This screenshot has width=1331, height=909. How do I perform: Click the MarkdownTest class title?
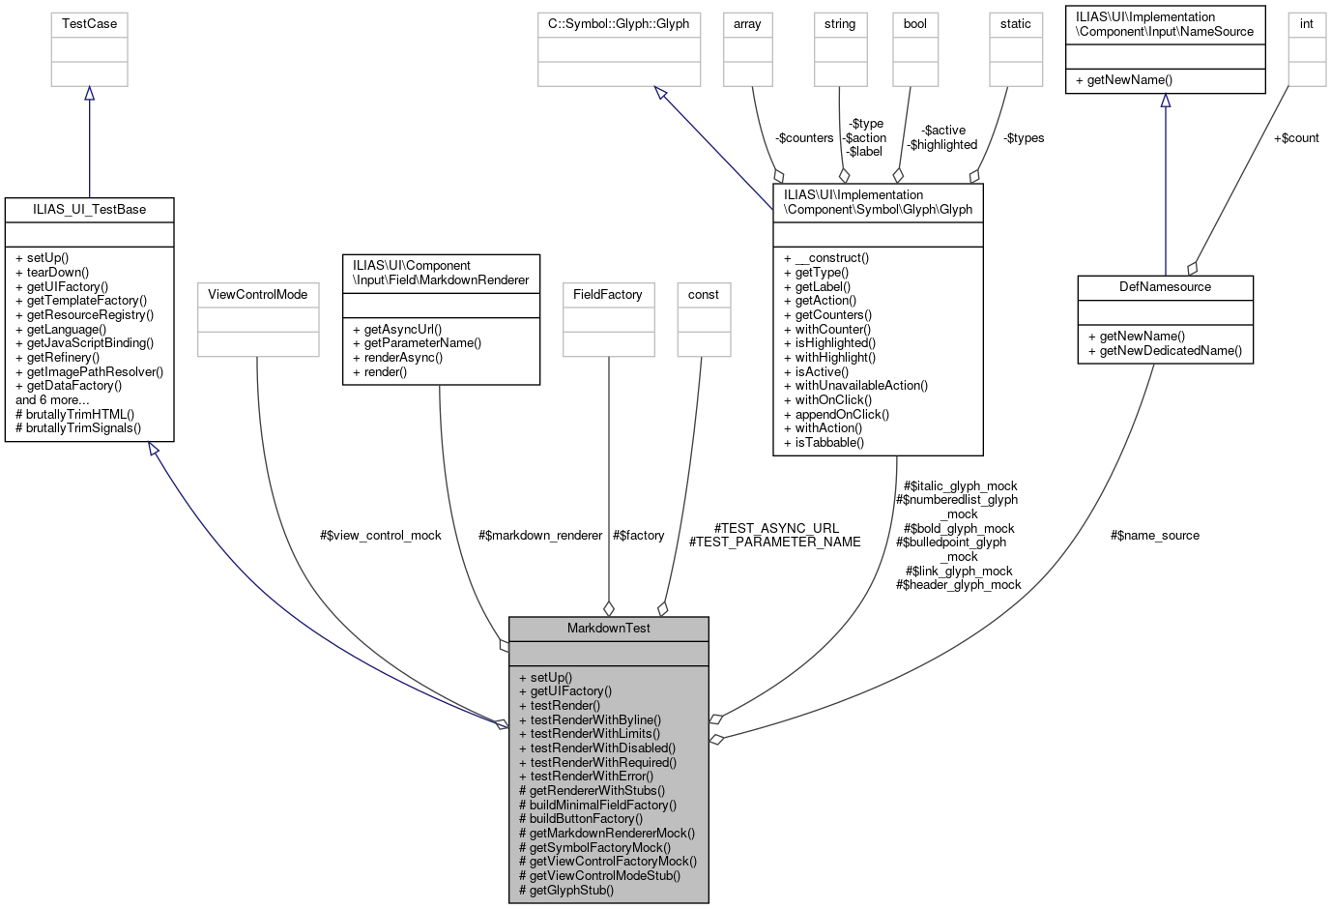coord(608,629)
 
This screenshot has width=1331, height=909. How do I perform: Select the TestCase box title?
coord(89,24)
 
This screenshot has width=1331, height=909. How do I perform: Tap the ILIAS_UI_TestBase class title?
coord(89,210)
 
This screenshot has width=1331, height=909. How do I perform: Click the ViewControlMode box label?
coord(257,295)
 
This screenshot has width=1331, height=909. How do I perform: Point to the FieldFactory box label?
coord(607,295)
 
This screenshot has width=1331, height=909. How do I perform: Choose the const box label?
coord(703,295)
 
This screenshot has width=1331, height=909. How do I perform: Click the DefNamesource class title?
coord(1165,287)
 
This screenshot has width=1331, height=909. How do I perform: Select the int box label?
coord(1306,24)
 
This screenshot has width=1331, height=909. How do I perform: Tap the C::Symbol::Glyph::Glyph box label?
coord(619,24)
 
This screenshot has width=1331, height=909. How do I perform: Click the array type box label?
coord(747,24)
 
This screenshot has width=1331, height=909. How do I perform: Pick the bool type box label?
coord(914,24)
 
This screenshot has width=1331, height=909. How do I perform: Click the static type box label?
coord(1015,24)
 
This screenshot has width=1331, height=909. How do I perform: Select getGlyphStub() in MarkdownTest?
coord(571,890)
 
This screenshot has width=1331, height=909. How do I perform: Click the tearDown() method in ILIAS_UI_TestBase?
coord(56,273)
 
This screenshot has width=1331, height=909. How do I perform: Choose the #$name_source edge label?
coord(1155,536)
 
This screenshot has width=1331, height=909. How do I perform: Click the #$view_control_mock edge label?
coord(380,536)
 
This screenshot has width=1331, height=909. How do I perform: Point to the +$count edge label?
coord(1295,138)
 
